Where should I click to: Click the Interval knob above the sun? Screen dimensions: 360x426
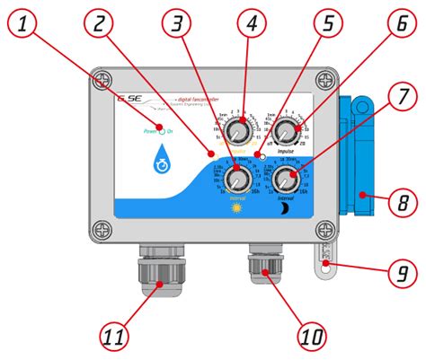coord(239,175)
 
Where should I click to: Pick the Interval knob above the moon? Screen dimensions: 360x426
coord(287,176)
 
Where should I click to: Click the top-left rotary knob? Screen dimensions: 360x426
coord(237,133)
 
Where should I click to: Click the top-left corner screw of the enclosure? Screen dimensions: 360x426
coord(105,78)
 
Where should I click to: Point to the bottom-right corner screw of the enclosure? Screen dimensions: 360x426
coord(321,231)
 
